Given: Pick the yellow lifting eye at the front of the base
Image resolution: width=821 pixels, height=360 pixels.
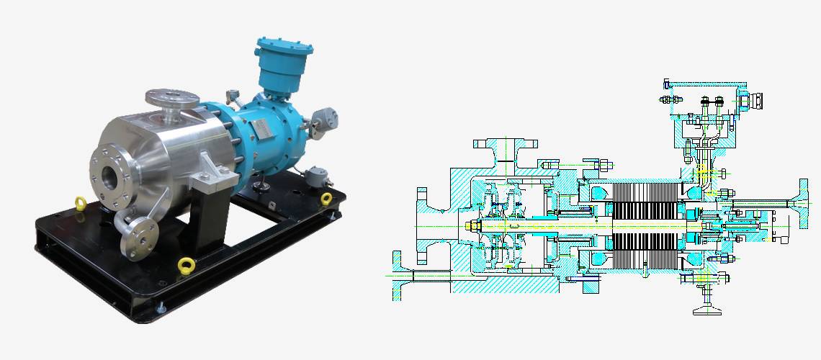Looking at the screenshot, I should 187,264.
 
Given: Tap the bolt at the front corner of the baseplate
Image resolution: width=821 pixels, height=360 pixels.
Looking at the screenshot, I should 160,309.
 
